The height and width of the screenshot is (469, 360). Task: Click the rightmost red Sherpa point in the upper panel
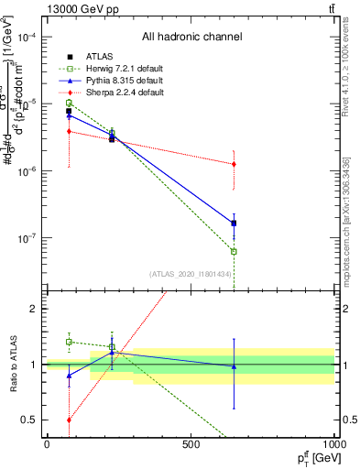pos(234,164)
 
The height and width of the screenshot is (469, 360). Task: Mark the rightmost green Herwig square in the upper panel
pos(234,251)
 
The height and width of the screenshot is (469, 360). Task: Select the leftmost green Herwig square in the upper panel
pos(69,103)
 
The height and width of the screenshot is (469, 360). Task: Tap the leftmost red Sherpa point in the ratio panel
pos(69,420)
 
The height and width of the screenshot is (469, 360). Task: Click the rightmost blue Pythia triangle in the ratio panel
pos(234,366)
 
